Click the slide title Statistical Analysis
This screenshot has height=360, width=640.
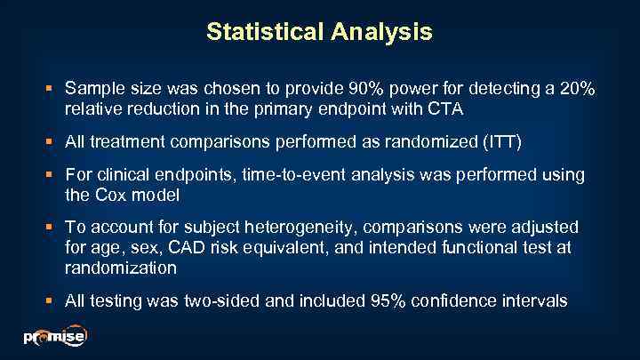[319, 33]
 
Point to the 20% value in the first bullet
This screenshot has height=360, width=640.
[577, 91]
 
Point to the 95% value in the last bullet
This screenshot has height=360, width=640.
[387, 301]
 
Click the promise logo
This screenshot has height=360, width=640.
[53, 338]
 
